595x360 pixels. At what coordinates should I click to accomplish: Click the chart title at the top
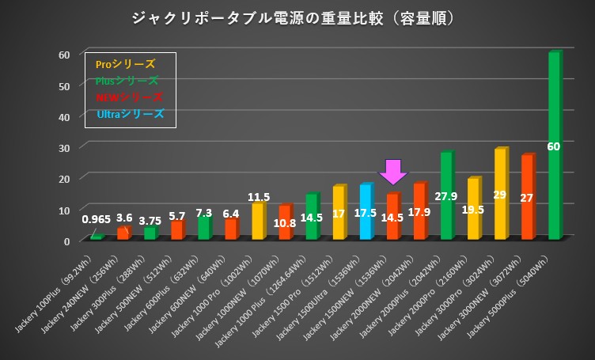pyautogui.click(x=297, y=17)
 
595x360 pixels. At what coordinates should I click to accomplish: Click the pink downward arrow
pyautogui.click(x=392, y=171)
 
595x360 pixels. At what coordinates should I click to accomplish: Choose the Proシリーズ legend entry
pyautogui.click(x=124, y=64)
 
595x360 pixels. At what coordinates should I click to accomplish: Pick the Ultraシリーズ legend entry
pyautogui.click(x=131, y=114)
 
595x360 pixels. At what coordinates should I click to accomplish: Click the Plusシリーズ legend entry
pyautogui.click(x=127, y=81)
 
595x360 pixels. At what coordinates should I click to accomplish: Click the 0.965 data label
pyautogui.click(x=97, y=218)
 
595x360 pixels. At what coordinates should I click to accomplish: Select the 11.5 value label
pyautogui.click(x=258, y=196)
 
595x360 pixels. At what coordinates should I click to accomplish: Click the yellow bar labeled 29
pyautogui.click(x=500, y=194)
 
